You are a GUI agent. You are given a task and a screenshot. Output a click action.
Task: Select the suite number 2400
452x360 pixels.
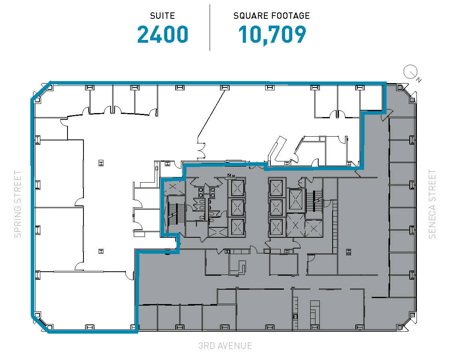163,35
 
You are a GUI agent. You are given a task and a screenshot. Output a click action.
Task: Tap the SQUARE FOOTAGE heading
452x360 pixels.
272,16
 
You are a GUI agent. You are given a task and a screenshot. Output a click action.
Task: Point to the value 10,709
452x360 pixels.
272,35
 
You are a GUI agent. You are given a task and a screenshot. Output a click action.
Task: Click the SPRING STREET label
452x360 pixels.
18,204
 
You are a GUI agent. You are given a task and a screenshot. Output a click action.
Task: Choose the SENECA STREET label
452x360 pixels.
432,204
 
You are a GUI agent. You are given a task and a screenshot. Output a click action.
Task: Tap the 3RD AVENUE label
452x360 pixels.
225,346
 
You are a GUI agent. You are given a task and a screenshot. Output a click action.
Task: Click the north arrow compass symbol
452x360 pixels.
411,73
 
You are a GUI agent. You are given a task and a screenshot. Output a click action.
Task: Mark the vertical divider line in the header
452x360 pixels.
210,27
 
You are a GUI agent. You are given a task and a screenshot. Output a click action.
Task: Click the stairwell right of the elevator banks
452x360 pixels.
315,200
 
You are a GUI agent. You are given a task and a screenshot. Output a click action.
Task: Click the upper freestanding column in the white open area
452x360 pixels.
101,163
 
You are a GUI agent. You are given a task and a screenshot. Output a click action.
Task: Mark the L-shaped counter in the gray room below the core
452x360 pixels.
240,267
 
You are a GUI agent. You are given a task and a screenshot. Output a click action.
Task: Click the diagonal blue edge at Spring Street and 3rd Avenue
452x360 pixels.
40,324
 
